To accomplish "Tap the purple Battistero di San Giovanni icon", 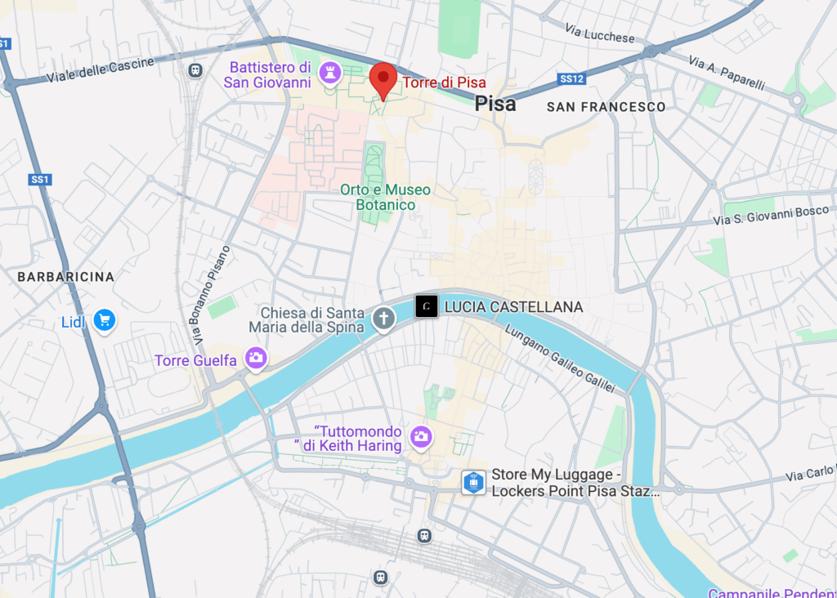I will click(330, 73).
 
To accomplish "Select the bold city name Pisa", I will click(495, 104).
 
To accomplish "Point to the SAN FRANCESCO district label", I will click(606, 107).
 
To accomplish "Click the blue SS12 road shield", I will click(571, 78).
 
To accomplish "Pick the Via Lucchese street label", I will click(599, 33).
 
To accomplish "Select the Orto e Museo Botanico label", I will click(385, 197).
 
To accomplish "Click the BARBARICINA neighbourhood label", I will click(66, 277).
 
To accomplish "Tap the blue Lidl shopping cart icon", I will click(103, 321).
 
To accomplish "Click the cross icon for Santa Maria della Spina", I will click(383, 319).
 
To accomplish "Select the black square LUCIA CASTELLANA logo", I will click(426, 306).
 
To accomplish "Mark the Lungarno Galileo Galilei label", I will click(559, 359).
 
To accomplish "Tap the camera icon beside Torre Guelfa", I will click(256, 358).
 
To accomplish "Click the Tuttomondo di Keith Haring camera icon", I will click(421, 437).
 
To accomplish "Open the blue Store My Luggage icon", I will click(472, 482).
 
